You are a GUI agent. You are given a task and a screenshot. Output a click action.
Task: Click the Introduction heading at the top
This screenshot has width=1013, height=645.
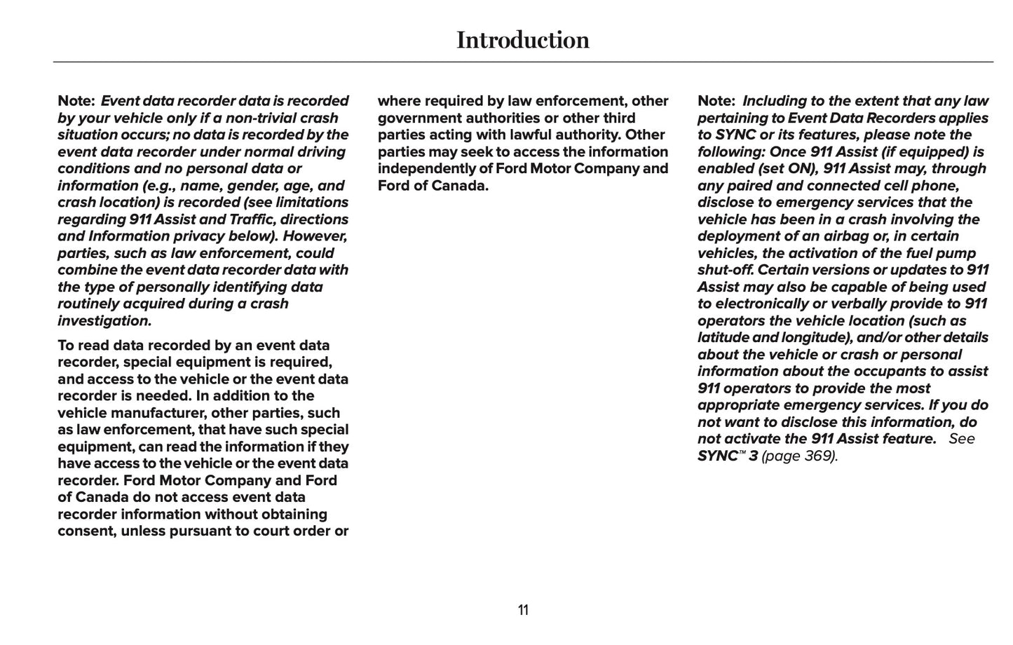[x=523, y=40]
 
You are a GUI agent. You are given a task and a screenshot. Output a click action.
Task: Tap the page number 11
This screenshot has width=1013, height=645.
[x=523, y=610]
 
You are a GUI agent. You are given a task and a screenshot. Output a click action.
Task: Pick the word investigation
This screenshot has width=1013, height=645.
[x=104, y=321]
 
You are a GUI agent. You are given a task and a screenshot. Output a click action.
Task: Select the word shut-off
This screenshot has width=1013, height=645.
[x=726, y=270]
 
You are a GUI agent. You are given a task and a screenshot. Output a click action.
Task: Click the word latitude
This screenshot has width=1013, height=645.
[x=723, y=337]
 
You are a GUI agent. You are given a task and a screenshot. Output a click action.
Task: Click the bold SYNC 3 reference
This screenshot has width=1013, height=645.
[x=728, y=456]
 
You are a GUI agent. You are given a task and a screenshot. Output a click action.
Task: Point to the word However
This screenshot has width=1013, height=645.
[x=315, y=236]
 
